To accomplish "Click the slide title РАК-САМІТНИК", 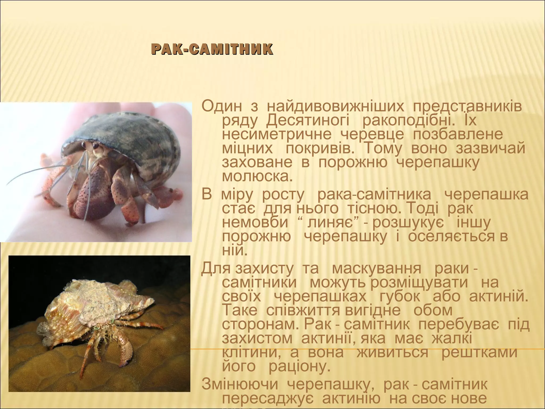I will (212, 50).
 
